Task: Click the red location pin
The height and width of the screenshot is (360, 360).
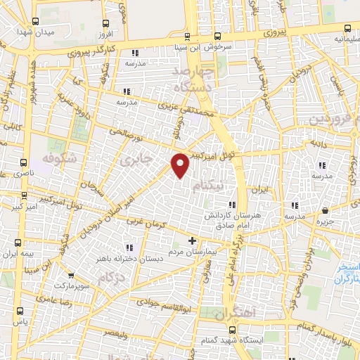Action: point(181,165)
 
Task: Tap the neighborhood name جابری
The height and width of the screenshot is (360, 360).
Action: point(136,159)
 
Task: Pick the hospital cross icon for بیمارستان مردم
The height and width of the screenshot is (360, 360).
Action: point(193,240)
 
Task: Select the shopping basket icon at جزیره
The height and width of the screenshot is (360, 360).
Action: point(325,210)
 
